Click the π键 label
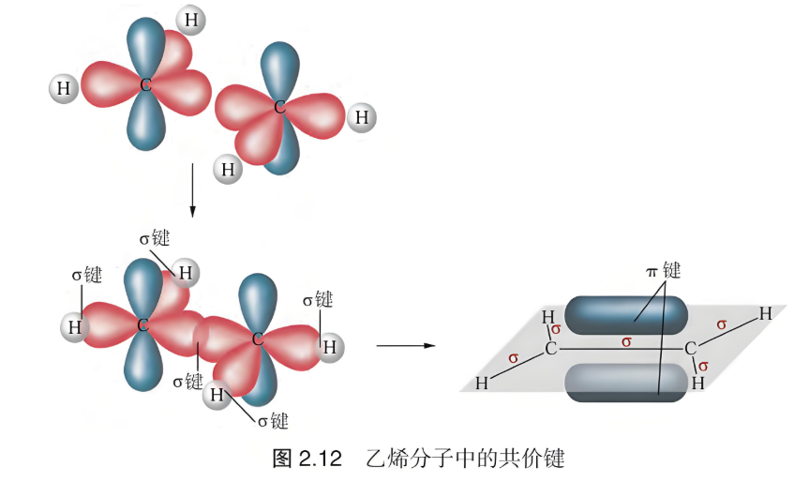coord(664,270)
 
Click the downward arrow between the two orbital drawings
coord(192,190)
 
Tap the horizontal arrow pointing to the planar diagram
coord(406,345)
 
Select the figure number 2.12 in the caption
coord(321,459)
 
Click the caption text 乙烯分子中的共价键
coord(465,459)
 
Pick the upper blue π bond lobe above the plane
coord(626,315)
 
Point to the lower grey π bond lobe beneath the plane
coord(626,383)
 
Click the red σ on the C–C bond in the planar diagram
coord(626,341)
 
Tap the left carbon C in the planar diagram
coord(551,349)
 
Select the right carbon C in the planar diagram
coord(690,349)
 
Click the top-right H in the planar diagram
coord(765,312)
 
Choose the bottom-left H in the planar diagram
coord(482,383)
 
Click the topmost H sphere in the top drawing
coord(191,20)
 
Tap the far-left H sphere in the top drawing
coord(64,88)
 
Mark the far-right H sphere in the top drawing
coord(362,117)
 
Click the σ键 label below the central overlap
coord(187,382)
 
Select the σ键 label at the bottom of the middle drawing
coord(273,421)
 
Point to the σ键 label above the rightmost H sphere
coord(317,299)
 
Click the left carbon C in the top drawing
coord(145,84)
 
